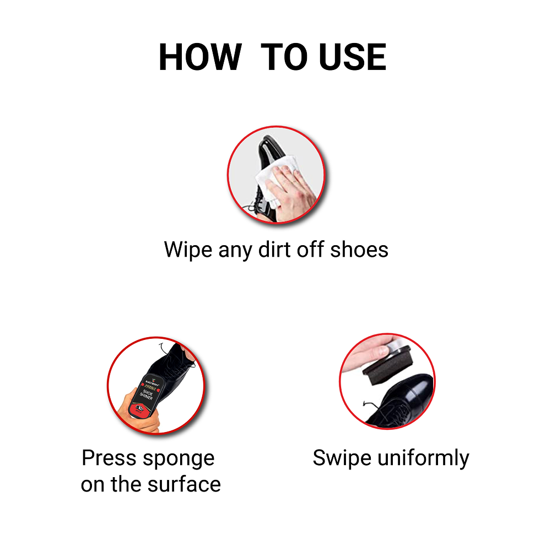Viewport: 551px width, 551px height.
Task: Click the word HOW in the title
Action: (x=199, y=57)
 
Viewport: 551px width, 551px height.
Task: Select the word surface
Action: (x=187, y=485)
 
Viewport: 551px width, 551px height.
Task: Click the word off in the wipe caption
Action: (x=310, y=250)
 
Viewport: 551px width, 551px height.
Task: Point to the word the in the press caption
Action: (x=128, y=485)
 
